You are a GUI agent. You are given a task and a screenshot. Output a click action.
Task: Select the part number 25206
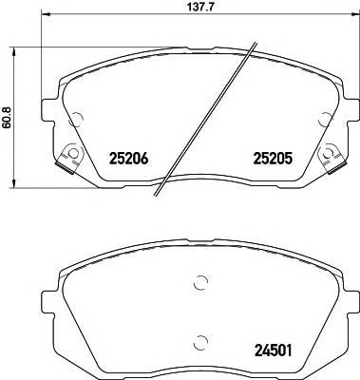click(131, 159)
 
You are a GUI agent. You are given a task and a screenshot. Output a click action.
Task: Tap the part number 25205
click(270, 159)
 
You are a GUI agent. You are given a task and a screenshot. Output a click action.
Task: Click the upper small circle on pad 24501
click(199, 281)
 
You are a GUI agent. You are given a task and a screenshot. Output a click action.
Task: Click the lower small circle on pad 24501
click(199, 340)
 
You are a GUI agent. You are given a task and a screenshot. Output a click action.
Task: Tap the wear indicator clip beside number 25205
click(332, 155)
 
